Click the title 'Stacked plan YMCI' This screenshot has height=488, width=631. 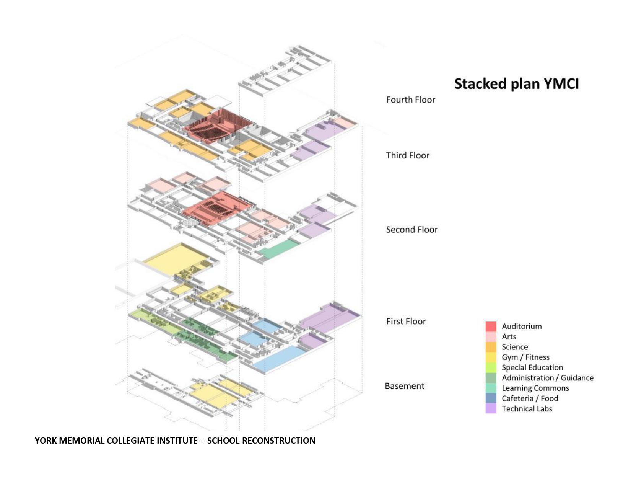[516, 84]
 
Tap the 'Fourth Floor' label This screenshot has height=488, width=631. [410, 100]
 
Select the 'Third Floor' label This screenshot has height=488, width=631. [407, 155]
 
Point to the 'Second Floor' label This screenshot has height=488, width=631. [411, 230]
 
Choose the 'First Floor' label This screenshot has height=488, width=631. [406, 322]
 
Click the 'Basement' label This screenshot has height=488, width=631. [404, 386]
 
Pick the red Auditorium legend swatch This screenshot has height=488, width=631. [491, 326]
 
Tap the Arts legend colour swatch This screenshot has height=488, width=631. [491, 337]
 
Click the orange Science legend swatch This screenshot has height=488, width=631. [491, 347]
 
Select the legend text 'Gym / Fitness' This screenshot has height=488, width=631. [525, 357]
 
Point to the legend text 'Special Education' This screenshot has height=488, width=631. [532, 368]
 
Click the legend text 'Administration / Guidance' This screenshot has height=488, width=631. [548, 378]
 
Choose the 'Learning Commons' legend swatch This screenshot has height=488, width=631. [491, 388]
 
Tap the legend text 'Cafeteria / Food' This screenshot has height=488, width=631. [530, 398]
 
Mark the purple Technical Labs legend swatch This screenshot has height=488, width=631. [491, 409]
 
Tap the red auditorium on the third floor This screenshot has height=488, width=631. [214, 126]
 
